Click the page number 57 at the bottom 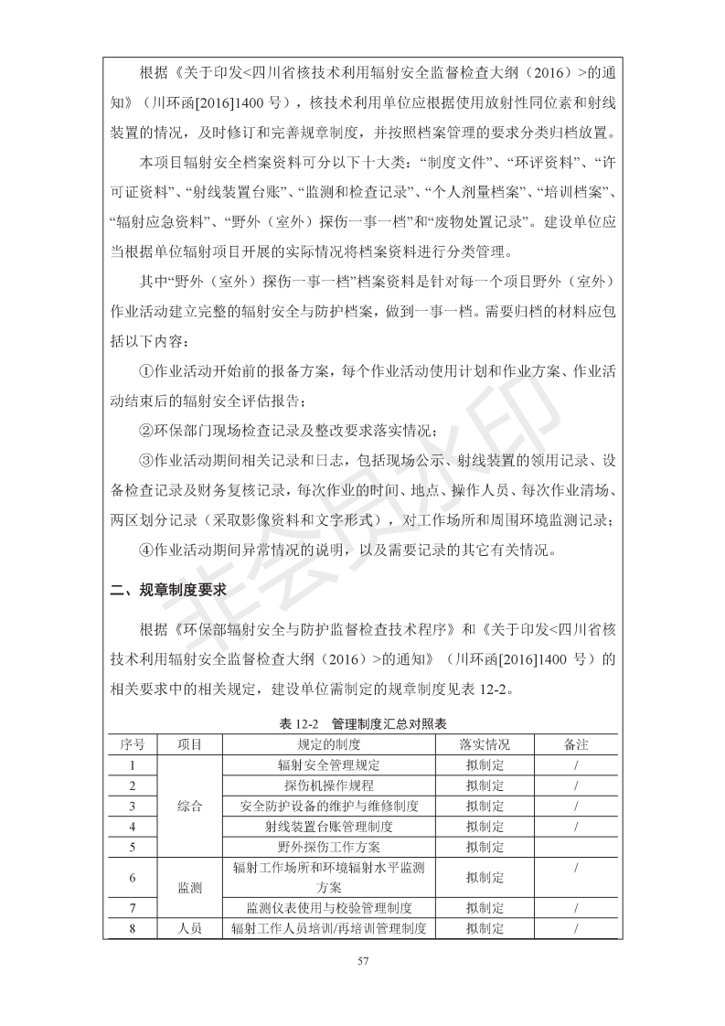pos(362,960)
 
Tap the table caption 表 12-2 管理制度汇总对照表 pos(363,723)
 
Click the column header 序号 pos(133,744)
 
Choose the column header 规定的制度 pos(328,744)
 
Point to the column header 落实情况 pos(485,744)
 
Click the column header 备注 pos(576,744)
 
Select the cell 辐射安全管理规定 pos(328,764)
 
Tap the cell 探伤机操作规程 pos(328,786)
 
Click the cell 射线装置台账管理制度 pos(328,827)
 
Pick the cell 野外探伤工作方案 pos(328,848)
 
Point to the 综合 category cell pos(189,806)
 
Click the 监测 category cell pos(189,887)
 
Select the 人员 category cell pos(189,929)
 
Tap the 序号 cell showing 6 pos(133,877)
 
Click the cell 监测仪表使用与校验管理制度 pos(328,908)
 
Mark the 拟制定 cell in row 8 pos(485,929)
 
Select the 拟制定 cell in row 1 pos(485,764)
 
